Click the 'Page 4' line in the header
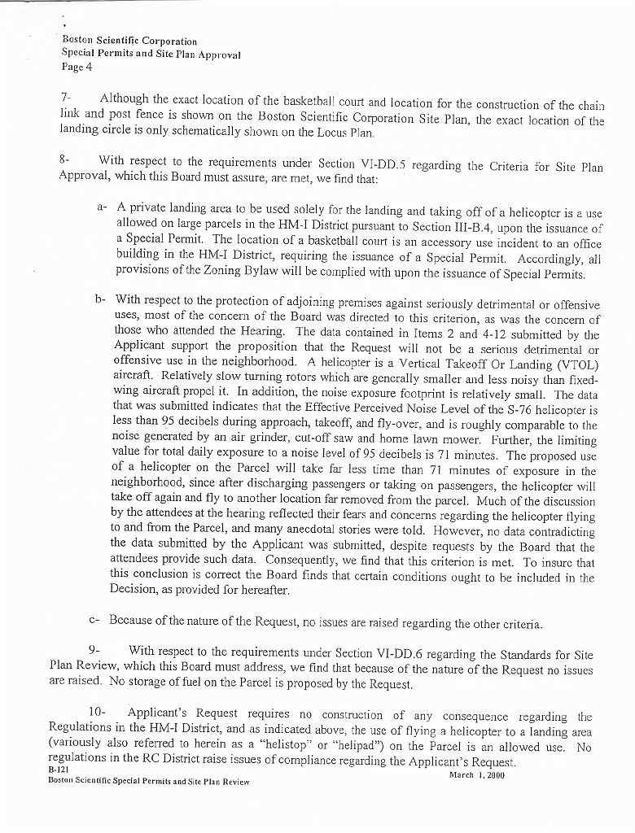click(x=77, y=67)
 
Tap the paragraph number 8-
click(x=66, y=160)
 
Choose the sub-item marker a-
click(x=102, y=207)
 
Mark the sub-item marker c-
click(x=94, y=622)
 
